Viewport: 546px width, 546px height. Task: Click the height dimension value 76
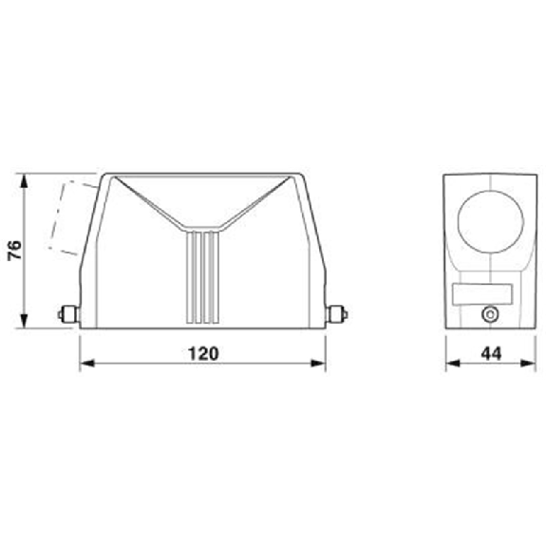[x=13, y=251]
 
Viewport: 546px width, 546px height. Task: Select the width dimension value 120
[x=202, y=353]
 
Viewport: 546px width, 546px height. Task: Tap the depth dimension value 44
[x=490, y=353]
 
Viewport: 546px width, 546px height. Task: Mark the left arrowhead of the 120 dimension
[x=84, y=362]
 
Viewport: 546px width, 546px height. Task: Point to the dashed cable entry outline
[x=70, y=217]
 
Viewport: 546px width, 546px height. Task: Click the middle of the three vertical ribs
[x=202, y=279]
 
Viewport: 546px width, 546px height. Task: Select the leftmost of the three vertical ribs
[x=192, y=279]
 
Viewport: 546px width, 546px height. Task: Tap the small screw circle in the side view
[x=490, y=314]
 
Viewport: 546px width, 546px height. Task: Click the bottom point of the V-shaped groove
[x=202, y=231]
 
